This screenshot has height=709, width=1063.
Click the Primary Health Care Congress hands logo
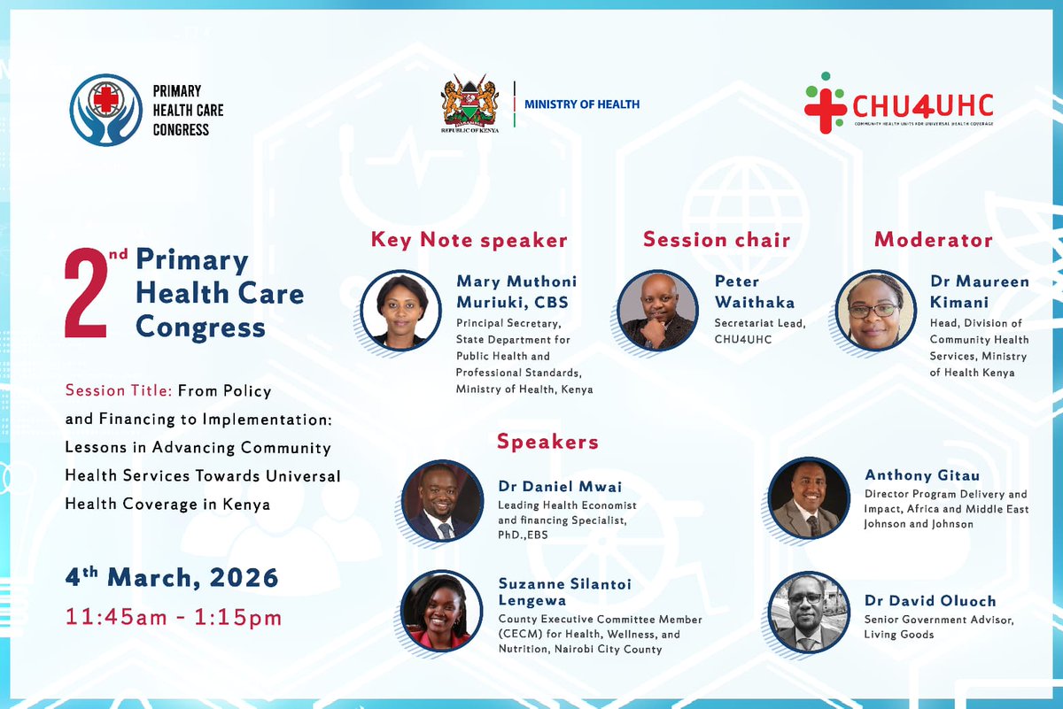tap(106, 110)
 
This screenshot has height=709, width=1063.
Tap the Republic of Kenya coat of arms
tap(469, 104)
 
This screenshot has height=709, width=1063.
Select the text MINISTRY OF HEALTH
tap(582, 104)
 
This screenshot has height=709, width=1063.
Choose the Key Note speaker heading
tap(469, 240)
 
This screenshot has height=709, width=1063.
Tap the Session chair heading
tap(716, 240)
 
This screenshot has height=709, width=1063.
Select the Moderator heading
tap(933, 240)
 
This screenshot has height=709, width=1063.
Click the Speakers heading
tap(547, 442)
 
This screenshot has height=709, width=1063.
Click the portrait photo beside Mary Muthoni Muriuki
tap(400, 311)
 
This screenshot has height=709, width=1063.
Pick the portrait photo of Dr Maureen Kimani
tap(875, 311)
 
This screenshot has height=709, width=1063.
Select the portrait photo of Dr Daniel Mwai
tap(443, 501)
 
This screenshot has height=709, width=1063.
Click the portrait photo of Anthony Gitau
tap(809, 498)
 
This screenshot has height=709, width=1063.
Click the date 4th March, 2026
tap(172, 579)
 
